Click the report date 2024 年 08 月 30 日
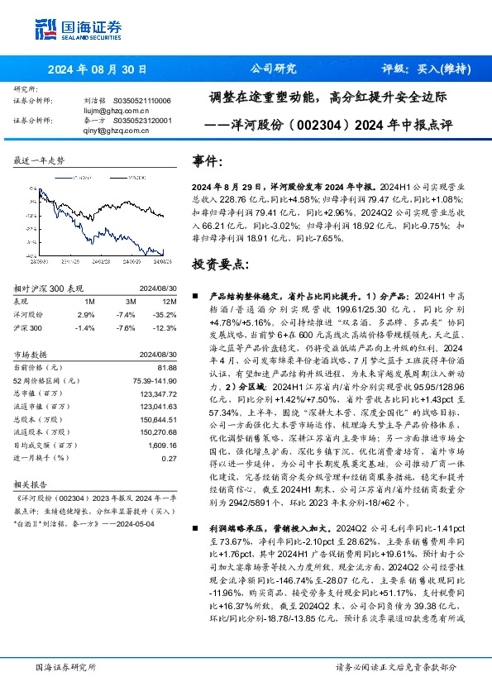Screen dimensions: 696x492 click(x=97, y=69)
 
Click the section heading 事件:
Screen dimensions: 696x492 click(x=207, y=161)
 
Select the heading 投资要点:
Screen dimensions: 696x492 click(x=218, y=266)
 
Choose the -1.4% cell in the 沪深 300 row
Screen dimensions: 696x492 click(x=86, y=328)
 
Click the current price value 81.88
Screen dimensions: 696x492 click(x=167, y=366)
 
